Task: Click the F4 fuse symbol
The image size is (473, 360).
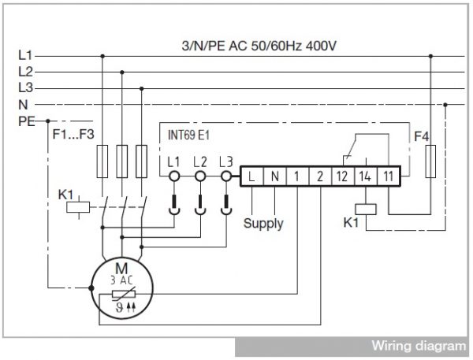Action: point(430,161)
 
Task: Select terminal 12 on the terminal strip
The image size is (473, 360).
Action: point(342,176)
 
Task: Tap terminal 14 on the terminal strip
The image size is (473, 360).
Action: point(365,176)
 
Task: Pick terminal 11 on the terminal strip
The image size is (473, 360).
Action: point(389,176)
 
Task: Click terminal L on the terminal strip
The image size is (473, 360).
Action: point(251,176)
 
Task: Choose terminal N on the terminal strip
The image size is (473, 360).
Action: point(274,176)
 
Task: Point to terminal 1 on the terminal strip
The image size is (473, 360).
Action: point(297,176)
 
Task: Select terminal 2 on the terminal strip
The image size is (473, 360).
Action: point(320,176)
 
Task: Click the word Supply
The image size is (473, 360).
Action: point(263,224)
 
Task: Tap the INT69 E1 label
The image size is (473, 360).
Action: point(188,135)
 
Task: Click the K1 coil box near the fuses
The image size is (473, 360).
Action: point(78,207)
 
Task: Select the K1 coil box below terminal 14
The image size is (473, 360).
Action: point(366,210)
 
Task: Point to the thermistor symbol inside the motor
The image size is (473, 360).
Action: point(124,295)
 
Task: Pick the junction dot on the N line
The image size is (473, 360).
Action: point(445,105)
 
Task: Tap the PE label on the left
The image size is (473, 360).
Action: point(27,121)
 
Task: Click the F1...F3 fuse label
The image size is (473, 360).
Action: point(73,134)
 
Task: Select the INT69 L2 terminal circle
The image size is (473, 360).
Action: point(200,176)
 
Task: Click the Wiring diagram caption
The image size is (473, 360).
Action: point(419,346)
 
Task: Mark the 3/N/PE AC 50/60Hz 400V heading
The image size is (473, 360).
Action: point(259,46)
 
